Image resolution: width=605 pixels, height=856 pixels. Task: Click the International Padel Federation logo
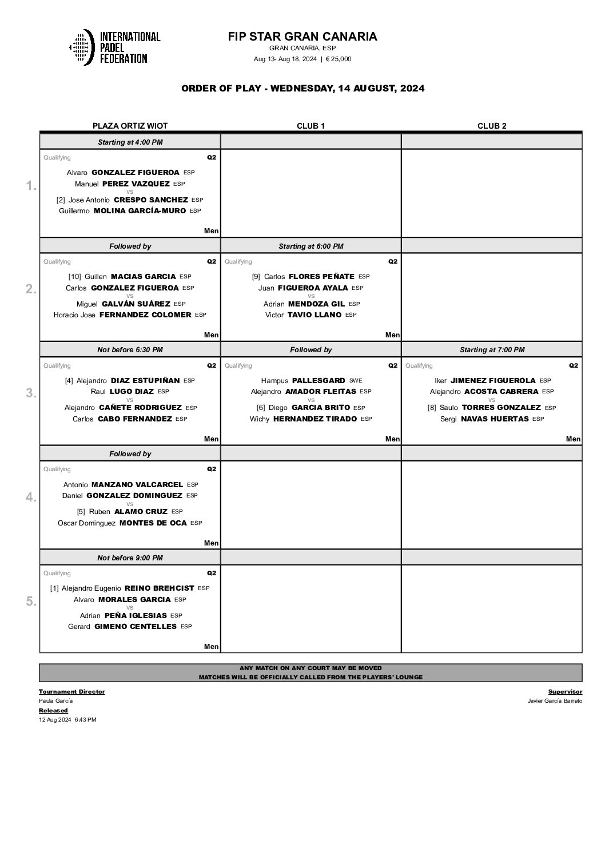point(114,47)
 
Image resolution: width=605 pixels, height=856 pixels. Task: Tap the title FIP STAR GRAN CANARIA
point(302,37)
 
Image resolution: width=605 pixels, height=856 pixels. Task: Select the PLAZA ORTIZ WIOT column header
point(130,126)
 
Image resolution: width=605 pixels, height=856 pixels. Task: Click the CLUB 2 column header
point(492,126)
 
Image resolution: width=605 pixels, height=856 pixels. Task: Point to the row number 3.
point(31,393)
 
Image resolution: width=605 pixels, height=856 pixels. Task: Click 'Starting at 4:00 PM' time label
point(130,142)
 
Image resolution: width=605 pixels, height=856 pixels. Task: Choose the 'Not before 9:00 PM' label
point(130,558)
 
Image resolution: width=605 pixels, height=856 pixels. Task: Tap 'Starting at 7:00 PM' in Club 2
point(492,349)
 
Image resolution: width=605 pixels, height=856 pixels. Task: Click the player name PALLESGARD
point(319,380)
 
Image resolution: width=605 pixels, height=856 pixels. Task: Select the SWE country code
point(356,380)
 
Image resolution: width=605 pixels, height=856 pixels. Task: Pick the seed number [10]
point(74,277)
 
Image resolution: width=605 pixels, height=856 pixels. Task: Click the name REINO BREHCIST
point(159,588)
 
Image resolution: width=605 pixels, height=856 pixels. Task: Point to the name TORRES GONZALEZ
point(501,408)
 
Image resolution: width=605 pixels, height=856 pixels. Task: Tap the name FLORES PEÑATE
point(321,277)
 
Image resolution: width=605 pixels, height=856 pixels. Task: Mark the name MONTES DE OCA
point(153,523)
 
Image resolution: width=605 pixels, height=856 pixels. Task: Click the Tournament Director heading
point(71,691)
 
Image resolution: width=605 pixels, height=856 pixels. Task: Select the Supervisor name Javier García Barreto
point(555,700)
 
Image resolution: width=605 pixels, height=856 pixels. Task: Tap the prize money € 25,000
point(339,59)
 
